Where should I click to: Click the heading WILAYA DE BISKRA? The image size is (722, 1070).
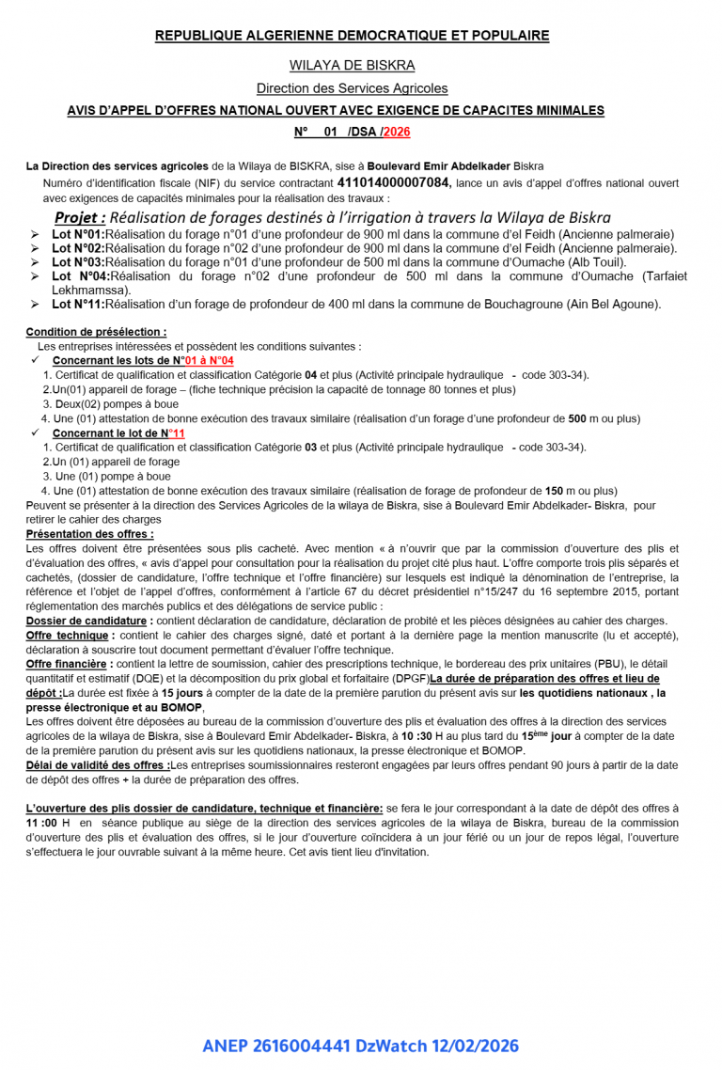click(352, 65)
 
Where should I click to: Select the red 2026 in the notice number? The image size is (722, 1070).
click(396, 133)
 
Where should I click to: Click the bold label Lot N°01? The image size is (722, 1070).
click(78, 234)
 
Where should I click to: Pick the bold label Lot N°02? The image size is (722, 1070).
click(78, 248)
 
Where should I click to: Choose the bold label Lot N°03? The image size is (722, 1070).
click(78, 262)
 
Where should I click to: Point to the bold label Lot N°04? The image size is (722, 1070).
click(81, 276)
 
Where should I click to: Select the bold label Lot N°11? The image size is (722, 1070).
click(78, 305)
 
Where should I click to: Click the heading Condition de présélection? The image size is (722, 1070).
click(96, 332)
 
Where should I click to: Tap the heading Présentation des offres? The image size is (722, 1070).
click(89, 534)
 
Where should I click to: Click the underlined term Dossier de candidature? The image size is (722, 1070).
click(86, 621)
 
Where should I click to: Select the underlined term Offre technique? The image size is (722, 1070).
click(68, 636)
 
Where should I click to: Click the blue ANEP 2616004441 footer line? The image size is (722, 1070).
click(360, 1046)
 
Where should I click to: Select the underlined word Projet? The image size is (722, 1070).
click(79, 217)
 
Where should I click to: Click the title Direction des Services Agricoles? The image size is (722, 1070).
click(352, 88)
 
